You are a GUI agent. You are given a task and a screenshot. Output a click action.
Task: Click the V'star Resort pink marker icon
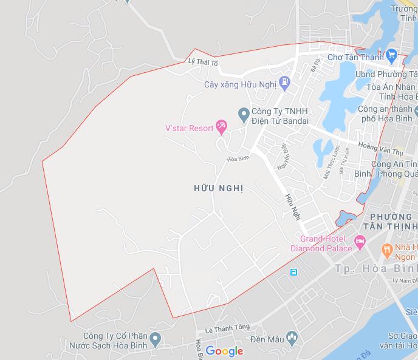(x=221, y=127)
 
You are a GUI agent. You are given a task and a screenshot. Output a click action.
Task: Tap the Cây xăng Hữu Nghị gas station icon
(x=284, y=82)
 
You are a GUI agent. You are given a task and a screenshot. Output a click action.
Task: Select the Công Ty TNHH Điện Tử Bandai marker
(x=243, y=113)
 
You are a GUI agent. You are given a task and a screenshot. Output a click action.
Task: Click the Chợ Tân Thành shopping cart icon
(x=391, y=56)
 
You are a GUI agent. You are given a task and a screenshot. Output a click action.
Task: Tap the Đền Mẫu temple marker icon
(x=293, y=337)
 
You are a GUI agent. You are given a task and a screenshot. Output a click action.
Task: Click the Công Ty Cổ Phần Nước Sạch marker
(x=156, y=338)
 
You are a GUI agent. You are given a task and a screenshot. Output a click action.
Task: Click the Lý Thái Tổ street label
(x=203, y=62)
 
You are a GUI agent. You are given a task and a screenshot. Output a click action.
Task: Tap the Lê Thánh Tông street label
(x=227, y=327)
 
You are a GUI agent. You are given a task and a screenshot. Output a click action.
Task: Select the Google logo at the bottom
(x=224, y=351)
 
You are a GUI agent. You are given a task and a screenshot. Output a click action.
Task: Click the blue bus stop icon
(x=294, y=271)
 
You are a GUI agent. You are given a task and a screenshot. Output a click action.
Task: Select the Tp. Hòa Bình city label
(x=376, y=268)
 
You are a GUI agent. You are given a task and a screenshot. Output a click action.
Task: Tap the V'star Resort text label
(x=190, y=128)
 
